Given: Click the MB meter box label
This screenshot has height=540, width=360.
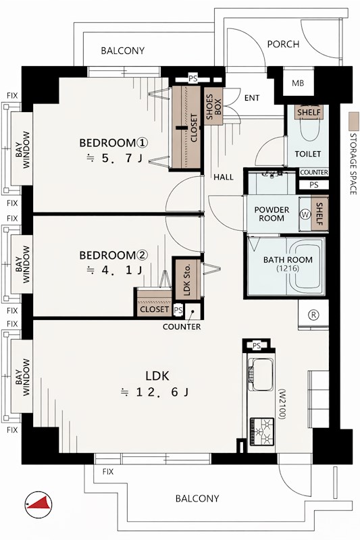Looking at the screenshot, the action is coord(298,83).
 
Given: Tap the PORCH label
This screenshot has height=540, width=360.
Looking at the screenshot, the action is coord(283,44).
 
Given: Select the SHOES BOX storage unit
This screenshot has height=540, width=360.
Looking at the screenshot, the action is coord(213,107).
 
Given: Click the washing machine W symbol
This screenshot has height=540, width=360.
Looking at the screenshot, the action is coord(305,214).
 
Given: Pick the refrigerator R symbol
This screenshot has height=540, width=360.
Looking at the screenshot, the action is coord(314,315).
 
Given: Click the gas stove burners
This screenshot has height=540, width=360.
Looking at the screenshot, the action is coord(262,431).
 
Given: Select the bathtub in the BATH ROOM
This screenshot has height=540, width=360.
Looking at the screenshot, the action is coord(305,266).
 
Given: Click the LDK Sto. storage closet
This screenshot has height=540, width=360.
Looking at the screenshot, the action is coord(188,278).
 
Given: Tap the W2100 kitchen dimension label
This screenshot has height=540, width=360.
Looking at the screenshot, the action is coord(282,404).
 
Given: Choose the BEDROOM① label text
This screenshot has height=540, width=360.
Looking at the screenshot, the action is coord(113,142).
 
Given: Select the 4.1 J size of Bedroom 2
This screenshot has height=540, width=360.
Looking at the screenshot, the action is coord(115,271).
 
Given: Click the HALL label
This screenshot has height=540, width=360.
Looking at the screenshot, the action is coord(224,178).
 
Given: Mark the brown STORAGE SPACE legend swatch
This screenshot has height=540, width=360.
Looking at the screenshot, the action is coord(353,122).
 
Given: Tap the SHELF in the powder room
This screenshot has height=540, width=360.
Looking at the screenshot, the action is coord(319,213).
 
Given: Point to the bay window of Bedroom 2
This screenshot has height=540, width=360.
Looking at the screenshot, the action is coord(22,264).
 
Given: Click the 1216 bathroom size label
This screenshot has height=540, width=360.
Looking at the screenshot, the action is coord(288,268).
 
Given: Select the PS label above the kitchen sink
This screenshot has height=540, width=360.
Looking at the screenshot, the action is coord(256,346).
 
